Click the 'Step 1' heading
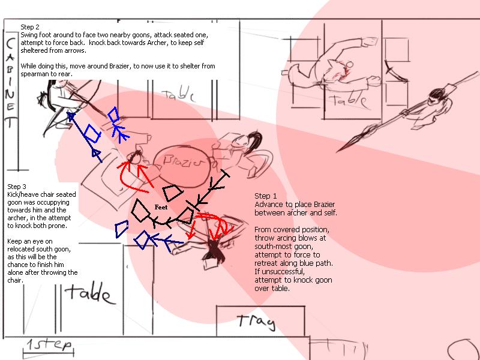click(265, 196)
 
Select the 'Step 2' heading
click(30, 27)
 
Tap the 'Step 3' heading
click(17, 187)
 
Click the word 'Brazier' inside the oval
click(183, 161)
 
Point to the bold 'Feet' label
click(161, 207)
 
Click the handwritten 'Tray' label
click(256, 322)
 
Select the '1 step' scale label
click(49, 346)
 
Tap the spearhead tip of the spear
click(337, 152)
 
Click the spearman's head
click(436, 96)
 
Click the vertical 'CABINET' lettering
click(10, 83)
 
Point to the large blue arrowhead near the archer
click(71, 116)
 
